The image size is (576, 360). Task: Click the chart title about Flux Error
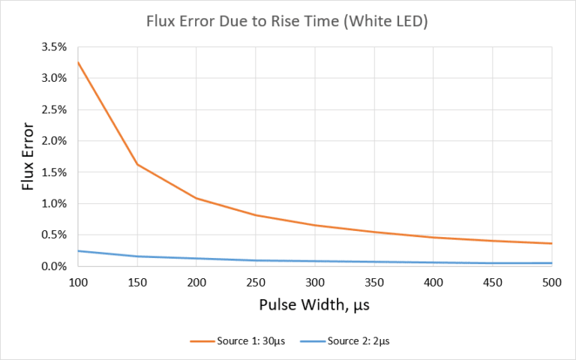pos(287,22)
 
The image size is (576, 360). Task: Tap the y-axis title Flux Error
pos(28,156)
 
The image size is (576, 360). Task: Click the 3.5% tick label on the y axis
pos(53,46)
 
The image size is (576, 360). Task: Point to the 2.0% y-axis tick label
pos(53,141)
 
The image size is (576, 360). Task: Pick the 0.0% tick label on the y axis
pos(53,266)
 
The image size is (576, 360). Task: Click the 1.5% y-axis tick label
pos(53,172)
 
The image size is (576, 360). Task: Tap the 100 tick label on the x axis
pos(77,282)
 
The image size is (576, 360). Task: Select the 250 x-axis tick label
pos(255,282)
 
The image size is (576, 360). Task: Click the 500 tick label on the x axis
pos(552,282)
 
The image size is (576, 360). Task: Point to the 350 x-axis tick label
pos(373,282)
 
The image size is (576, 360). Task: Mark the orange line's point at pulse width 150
pos(136,164)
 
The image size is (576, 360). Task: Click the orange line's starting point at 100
pos(77,61)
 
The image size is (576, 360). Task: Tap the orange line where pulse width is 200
pos(196,198)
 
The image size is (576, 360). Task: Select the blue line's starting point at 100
pos(77,250)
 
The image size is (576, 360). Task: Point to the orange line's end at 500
pos(552,243)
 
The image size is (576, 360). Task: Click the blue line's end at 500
pos(552,263)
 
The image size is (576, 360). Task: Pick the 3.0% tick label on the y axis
pos(53,78)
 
